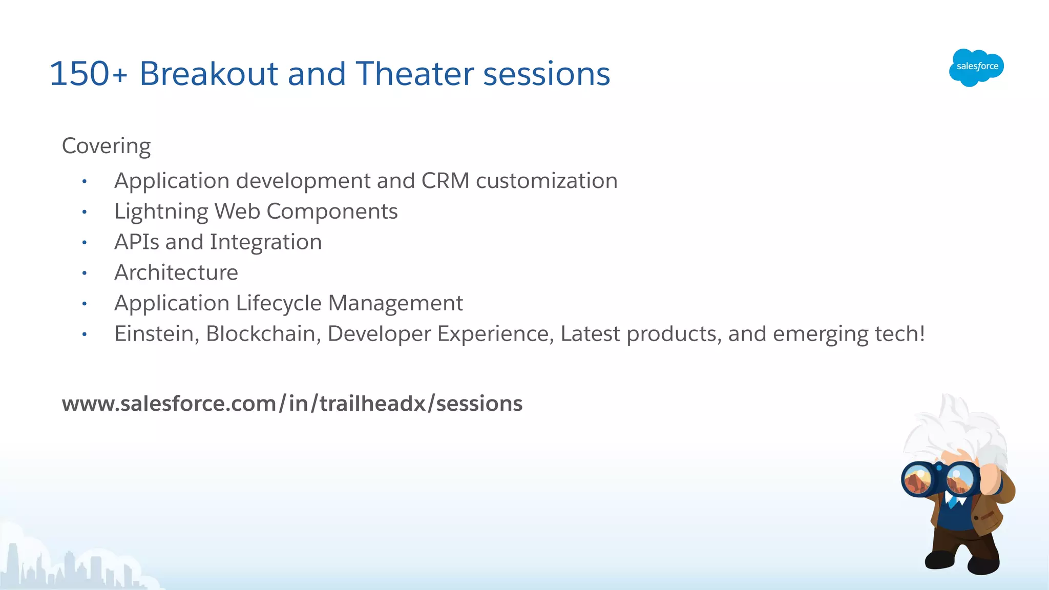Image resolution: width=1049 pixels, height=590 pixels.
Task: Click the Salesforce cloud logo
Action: point(976,67)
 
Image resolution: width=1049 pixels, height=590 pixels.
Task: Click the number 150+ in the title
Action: point(88,74)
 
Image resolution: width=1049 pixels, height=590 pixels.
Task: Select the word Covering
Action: point(106,146)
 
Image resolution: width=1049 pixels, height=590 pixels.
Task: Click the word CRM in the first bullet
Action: point(445,181)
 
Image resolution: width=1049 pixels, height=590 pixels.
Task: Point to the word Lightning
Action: point(161,212)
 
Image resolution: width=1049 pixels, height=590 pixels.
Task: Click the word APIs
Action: point(137,242)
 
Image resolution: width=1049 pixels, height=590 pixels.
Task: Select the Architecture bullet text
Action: point(176,272)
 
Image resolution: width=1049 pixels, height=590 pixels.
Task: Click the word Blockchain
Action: point(263,334)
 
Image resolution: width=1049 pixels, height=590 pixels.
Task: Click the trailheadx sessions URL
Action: point(292,404)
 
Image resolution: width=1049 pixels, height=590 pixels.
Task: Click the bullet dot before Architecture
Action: point(85,273)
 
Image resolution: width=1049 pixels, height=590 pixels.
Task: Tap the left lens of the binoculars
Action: point(918,480)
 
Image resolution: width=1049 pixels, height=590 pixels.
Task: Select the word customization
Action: point(547,181)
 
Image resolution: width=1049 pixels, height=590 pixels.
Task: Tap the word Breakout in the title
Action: point(208,74)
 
